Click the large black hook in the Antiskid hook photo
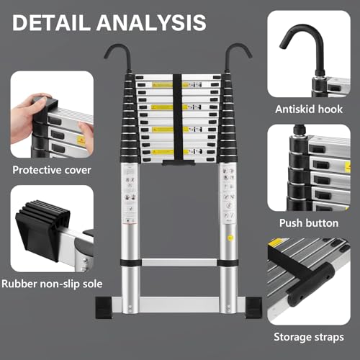[x=302, y=43]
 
